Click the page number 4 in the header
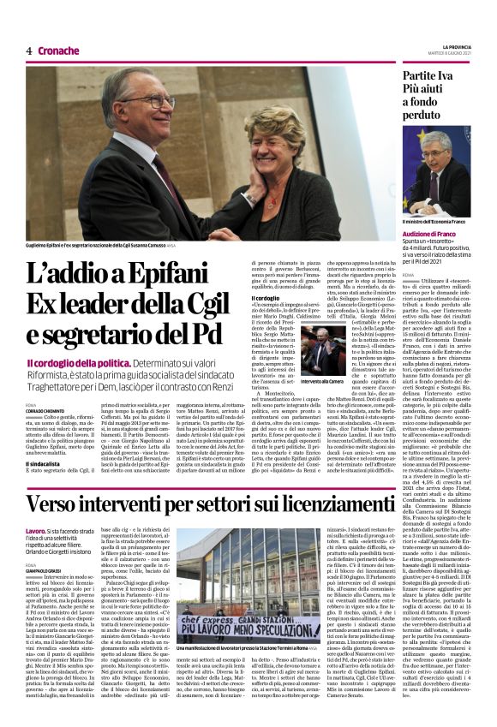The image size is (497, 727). coord(28,51)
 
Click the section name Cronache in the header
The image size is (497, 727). coord(58,51)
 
